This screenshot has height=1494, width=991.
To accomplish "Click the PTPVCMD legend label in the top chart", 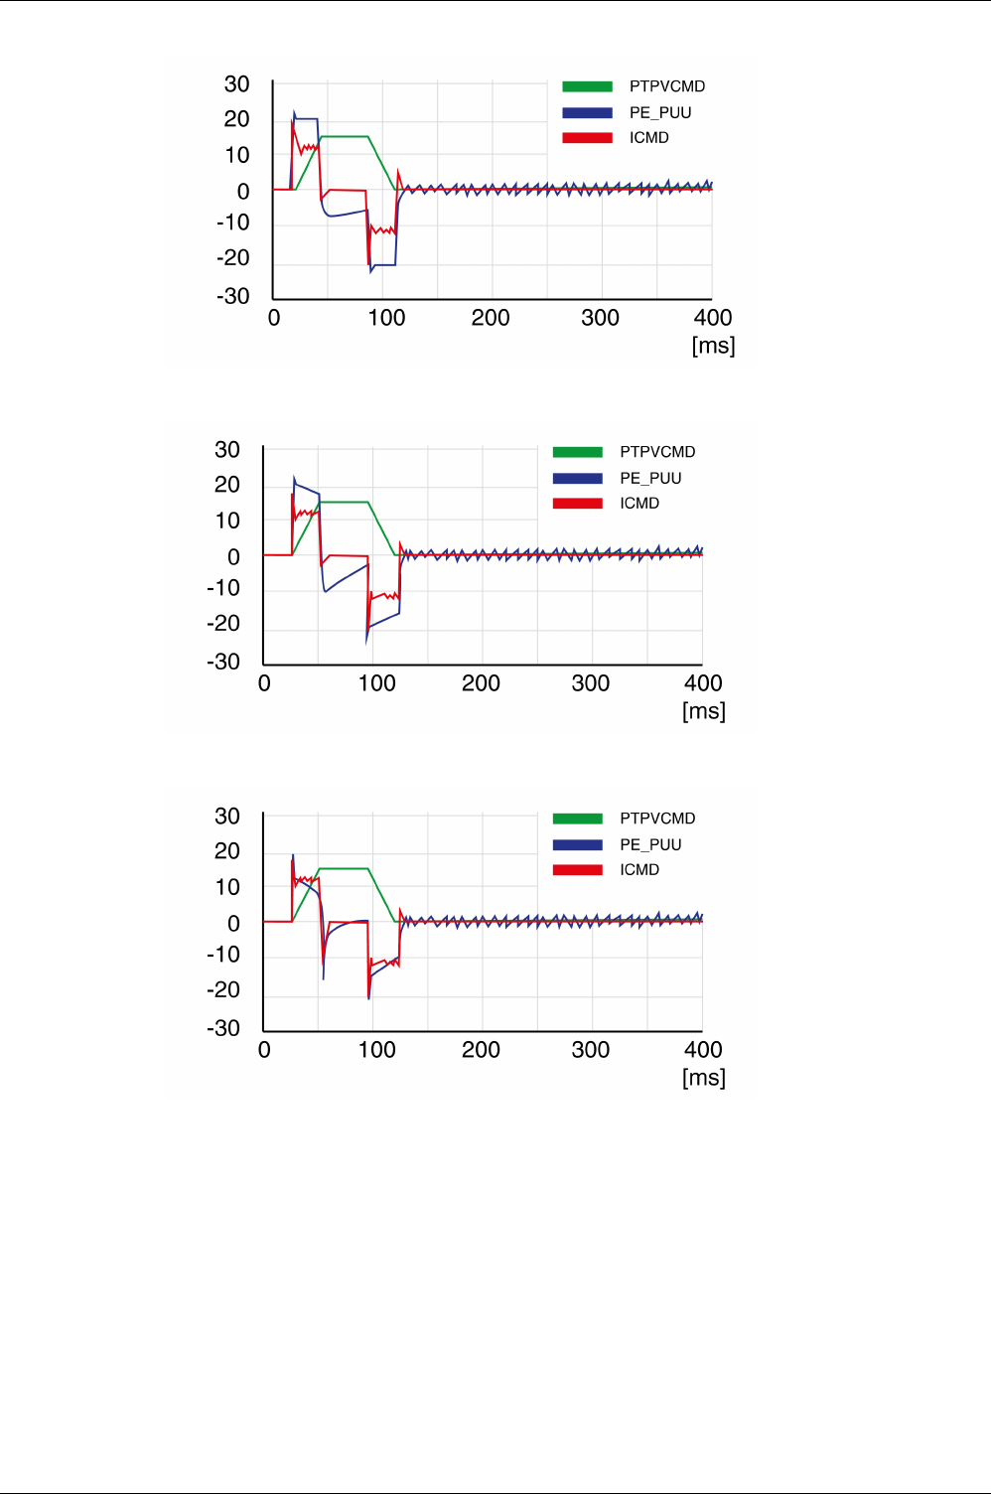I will [x=666, y=86].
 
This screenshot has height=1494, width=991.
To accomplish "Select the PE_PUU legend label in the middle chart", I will [x=650, y=478].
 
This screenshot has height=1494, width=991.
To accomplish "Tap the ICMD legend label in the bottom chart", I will [x=639, y=869].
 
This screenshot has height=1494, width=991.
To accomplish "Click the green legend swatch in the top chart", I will [x=587, y=86].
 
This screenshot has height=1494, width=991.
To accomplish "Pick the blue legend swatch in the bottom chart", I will [x=577, y=844].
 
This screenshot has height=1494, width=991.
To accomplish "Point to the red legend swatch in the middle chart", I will [x=577, y=503].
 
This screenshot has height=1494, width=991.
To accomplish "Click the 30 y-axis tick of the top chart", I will [x=236, y=84].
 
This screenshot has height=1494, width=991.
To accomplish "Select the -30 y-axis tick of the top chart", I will [x=233, y=296].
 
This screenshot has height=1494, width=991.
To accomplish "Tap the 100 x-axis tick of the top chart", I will [x=386, y=318].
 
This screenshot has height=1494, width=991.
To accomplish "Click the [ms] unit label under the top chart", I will [x=713, y=346].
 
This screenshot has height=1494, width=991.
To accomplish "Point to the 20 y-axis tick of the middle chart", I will [x=227, y=485].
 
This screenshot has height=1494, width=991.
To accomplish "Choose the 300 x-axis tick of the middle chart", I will [x=591, y=683].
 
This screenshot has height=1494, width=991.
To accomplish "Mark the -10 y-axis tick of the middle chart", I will [x=223, y=588].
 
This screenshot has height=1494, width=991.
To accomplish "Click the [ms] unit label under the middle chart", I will [x=703, y=711].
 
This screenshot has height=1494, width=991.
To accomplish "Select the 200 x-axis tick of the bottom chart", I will [x=481, y=1050].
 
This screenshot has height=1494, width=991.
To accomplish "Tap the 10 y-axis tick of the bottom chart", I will [x=227, y=887].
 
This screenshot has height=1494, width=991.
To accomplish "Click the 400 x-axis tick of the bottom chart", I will [x=703, y=1050].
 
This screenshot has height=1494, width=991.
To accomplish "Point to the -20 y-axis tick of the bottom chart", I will [x=223, y=990].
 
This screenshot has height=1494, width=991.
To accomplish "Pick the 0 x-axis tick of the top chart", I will [x=274, y=318].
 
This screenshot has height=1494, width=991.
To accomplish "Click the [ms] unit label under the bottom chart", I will [x=703, y=1078].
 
